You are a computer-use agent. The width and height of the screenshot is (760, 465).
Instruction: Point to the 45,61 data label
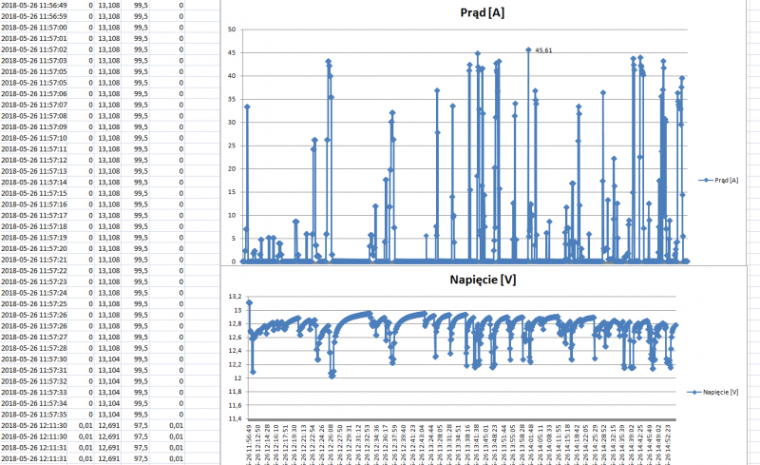(x=543, y=50)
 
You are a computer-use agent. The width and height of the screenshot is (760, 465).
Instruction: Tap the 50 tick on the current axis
(x=232, y=29)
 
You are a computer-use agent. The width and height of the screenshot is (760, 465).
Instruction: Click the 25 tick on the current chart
(x=232, y=145)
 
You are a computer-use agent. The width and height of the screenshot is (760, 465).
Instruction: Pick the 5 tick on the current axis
(x=234, y=239)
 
